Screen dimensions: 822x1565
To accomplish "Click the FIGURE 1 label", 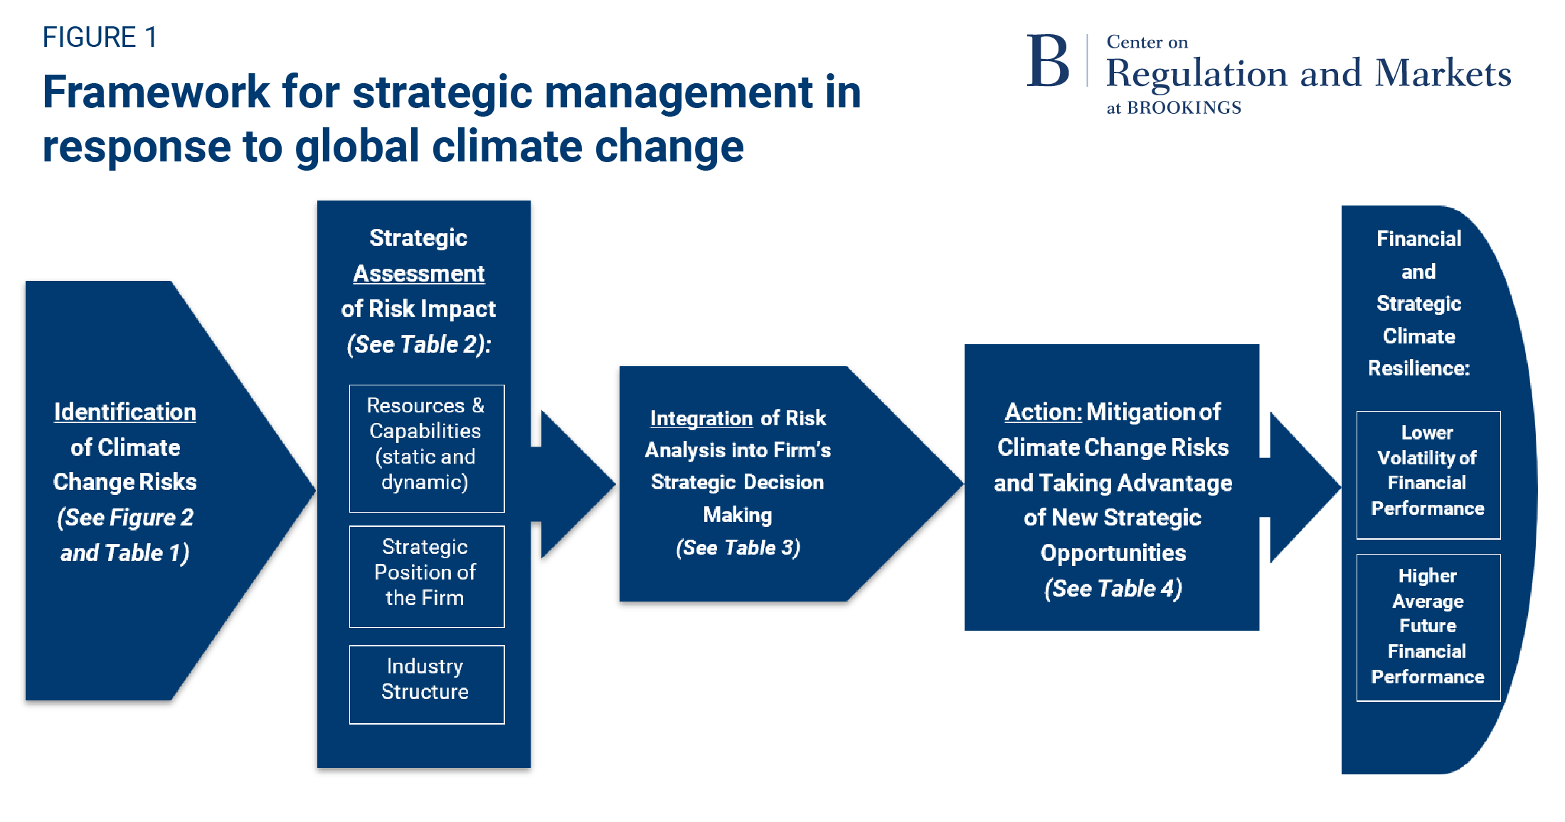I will (x=100, y=37).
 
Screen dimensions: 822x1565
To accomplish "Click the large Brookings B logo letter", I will (x=1047, y=63).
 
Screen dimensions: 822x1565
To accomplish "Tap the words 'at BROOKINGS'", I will (x=1174, y=108).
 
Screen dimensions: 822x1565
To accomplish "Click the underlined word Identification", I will (x=125, y=412).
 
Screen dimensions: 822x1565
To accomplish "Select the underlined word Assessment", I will (x=419, y=273).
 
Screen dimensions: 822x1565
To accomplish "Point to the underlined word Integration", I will (x=701, y=418).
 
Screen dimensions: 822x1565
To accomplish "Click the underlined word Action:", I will (x=1043, y=412).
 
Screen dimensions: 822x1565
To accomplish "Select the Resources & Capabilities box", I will (x=426, y=448).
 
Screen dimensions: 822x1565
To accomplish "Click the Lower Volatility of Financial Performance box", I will (x=1428, y=474).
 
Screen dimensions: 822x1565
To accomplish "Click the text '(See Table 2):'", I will (x=419, y=344).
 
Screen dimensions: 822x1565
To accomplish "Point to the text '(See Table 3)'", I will (x=738, y=548).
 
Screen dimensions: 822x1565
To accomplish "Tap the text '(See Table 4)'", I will (x=1113, y=589).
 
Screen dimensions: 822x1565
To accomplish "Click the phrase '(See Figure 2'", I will (x=125, y=518).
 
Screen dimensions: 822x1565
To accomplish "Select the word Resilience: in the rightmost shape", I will (x=1418, y=368).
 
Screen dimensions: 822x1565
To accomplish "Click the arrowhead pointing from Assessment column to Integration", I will (x=576, y=484).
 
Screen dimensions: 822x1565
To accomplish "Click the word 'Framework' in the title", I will (x=156, y=92).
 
